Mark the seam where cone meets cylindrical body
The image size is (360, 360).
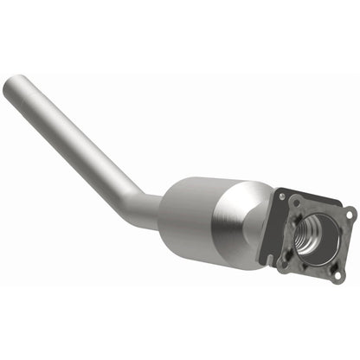click(x=243, y=215)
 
